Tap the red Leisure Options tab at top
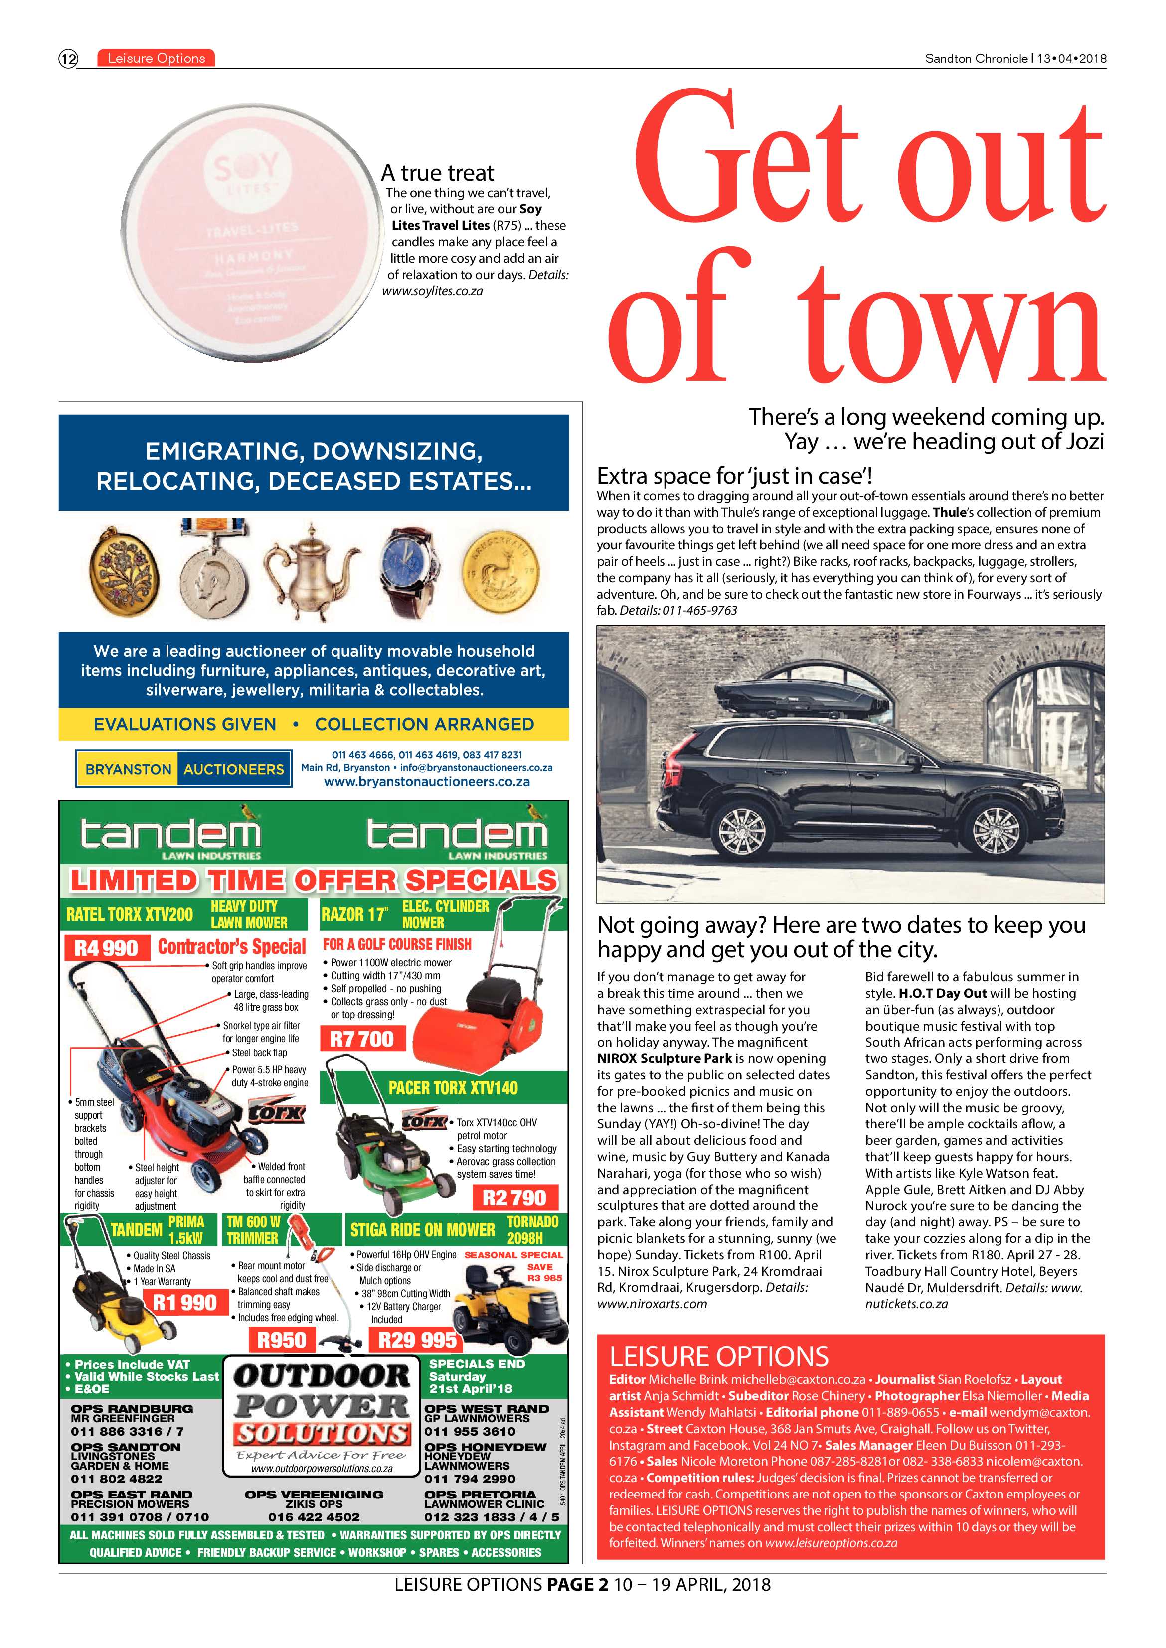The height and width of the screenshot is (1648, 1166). click(156, 59)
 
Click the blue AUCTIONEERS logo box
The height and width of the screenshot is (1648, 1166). click(234, 769)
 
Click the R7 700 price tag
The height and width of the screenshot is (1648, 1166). click(362, 1039)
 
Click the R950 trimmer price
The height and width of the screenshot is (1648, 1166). click(282, 1340)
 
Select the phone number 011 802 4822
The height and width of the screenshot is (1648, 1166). click(116, 1479)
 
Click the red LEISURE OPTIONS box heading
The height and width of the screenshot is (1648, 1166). click(719, 1356)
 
